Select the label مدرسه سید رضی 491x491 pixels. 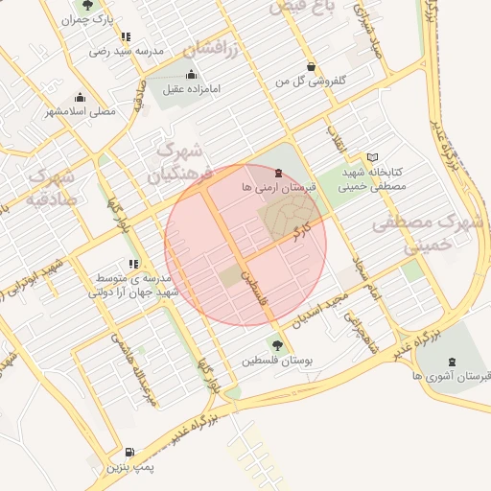click(x=126, y=50)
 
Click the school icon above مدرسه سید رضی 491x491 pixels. click(x=126, y=36)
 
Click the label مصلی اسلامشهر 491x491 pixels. click(x=81, y=110)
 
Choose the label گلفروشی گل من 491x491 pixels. click(x=309, y=81)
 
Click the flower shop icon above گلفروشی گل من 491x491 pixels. click(x=309, y=67)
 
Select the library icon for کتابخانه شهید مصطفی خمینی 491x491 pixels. click(x=373, y=156)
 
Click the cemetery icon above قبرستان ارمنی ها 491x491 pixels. click(x=278, y=173)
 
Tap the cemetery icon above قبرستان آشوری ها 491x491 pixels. click(x=451, y=362)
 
